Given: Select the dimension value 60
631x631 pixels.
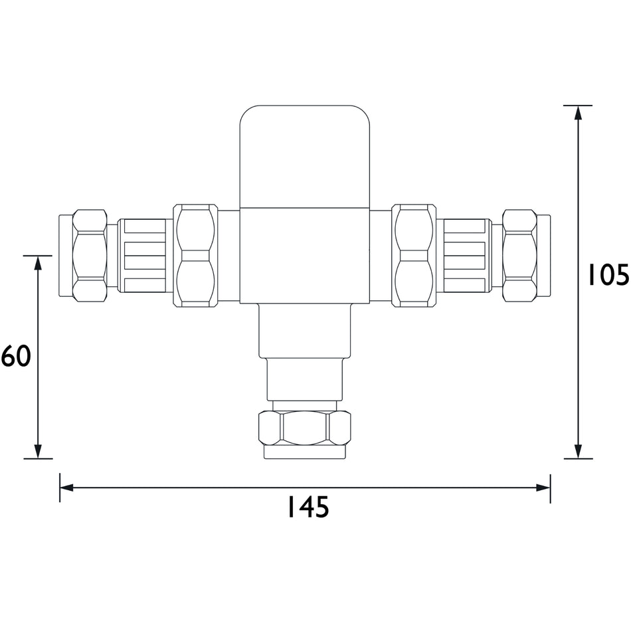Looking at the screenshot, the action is [16, 356].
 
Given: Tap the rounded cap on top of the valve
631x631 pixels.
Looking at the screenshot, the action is [305, 157].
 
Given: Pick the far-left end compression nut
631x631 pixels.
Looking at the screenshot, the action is [90, 255].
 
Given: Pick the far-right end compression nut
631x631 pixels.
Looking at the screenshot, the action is [520, 255].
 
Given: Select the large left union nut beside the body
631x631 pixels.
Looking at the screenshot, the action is [195, 256].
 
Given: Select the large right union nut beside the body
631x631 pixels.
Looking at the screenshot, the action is [414, 256].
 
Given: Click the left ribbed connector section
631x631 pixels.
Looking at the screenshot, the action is [141, 255].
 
